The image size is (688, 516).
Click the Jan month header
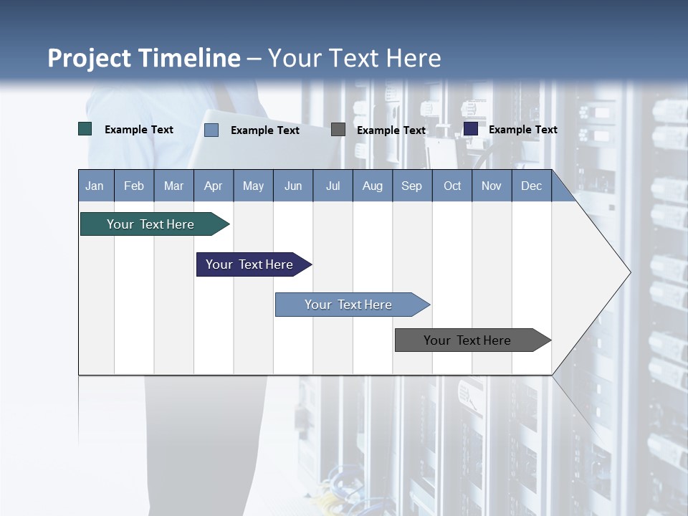click(95, 186)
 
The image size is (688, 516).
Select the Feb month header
click(134, 186)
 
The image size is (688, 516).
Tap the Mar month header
click(173, 186)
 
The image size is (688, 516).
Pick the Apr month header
click(214, 186)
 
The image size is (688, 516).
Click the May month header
click(253, 186)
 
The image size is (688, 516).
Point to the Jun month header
click(293, 186)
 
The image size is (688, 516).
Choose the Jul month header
click(333, 186)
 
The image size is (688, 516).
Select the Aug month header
click(373, 186)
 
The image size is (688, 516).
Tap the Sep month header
click(412, 186)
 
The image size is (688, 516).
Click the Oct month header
click(452, 186)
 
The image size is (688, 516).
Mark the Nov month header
click(492, 186)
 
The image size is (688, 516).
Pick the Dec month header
click(532, 186)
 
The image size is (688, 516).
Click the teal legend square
click(85, 129)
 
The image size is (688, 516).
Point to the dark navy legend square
click(471, 129)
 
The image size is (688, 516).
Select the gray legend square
click(338, 130)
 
